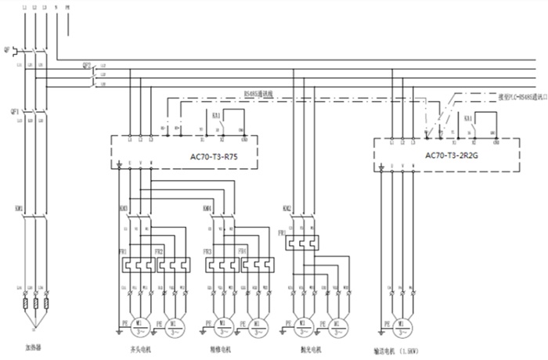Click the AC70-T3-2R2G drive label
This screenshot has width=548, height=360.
(x=452, y=155)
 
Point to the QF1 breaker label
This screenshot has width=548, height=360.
(x=8, y=110)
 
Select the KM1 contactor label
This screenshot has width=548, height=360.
(x=8, y=209)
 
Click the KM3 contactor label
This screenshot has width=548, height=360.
(x=124, y=208)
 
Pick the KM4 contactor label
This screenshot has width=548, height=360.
(x=207, y=208)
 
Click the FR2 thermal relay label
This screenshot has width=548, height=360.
(x=159, y=251)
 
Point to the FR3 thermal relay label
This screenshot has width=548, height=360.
(x=208, y=251)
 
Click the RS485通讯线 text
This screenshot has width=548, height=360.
(x=256, y=94)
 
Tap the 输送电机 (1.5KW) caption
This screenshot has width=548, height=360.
(x=404, y=350)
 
